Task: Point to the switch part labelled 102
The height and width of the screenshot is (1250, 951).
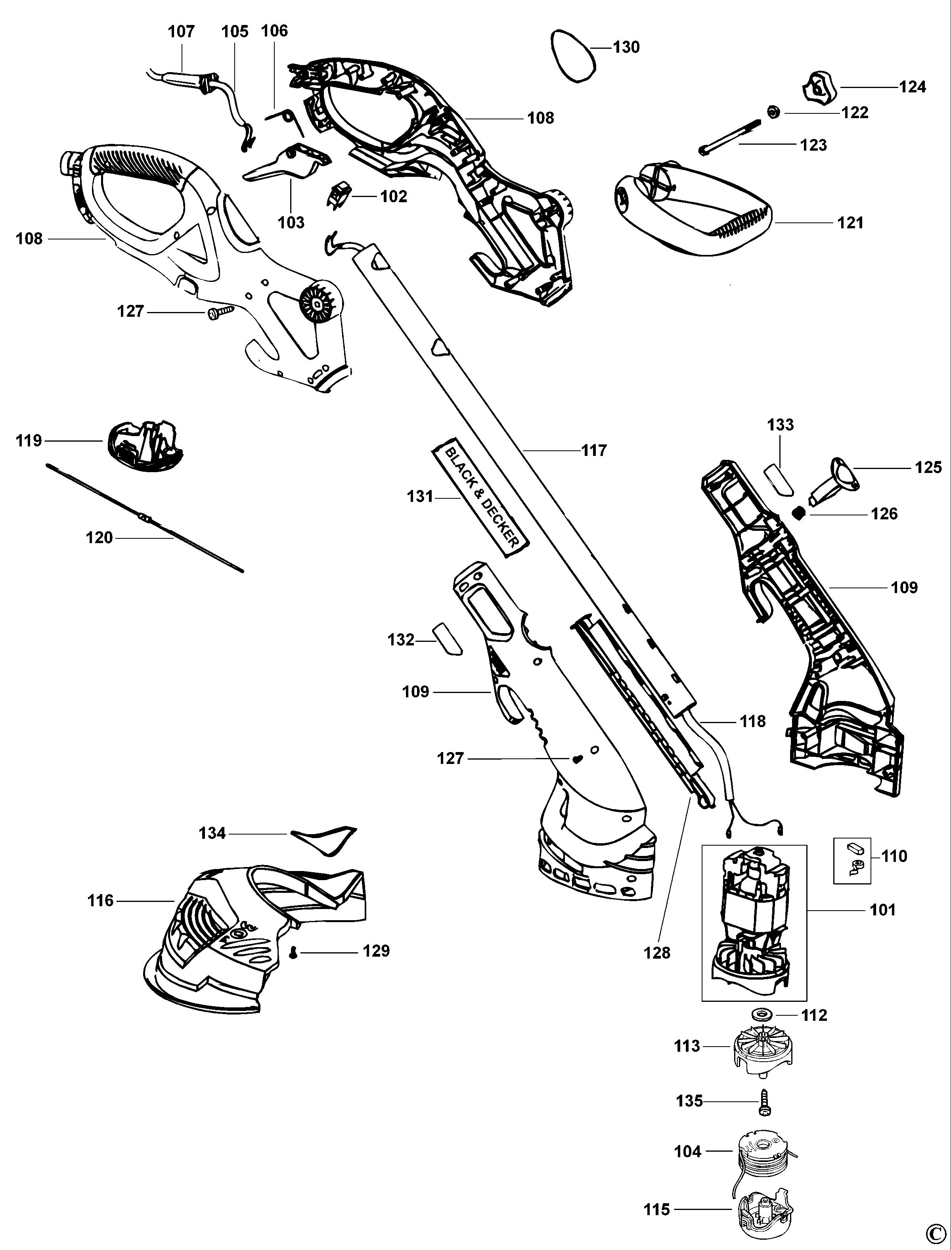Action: point(339,195)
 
